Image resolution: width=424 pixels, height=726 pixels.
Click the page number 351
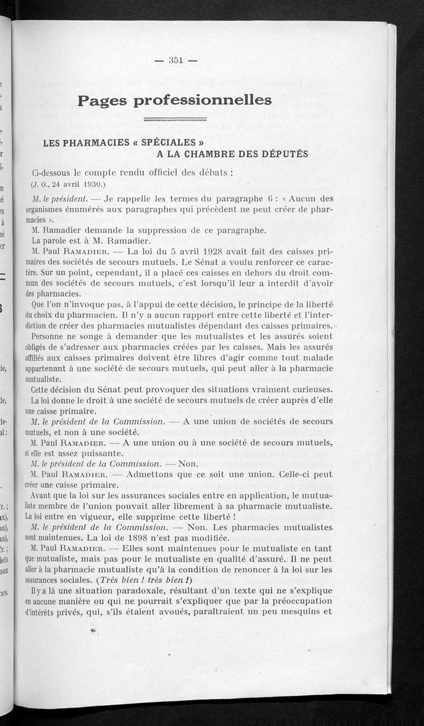coord(175,60)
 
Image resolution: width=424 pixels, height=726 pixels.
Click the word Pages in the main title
coord(102,100)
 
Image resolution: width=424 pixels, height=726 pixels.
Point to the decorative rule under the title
coord(175,119)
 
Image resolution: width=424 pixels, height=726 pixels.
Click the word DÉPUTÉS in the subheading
coord(280,154)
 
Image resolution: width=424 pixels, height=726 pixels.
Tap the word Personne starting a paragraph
coord(50,336)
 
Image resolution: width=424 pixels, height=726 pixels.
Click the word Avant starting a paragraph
coord(41,496)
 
